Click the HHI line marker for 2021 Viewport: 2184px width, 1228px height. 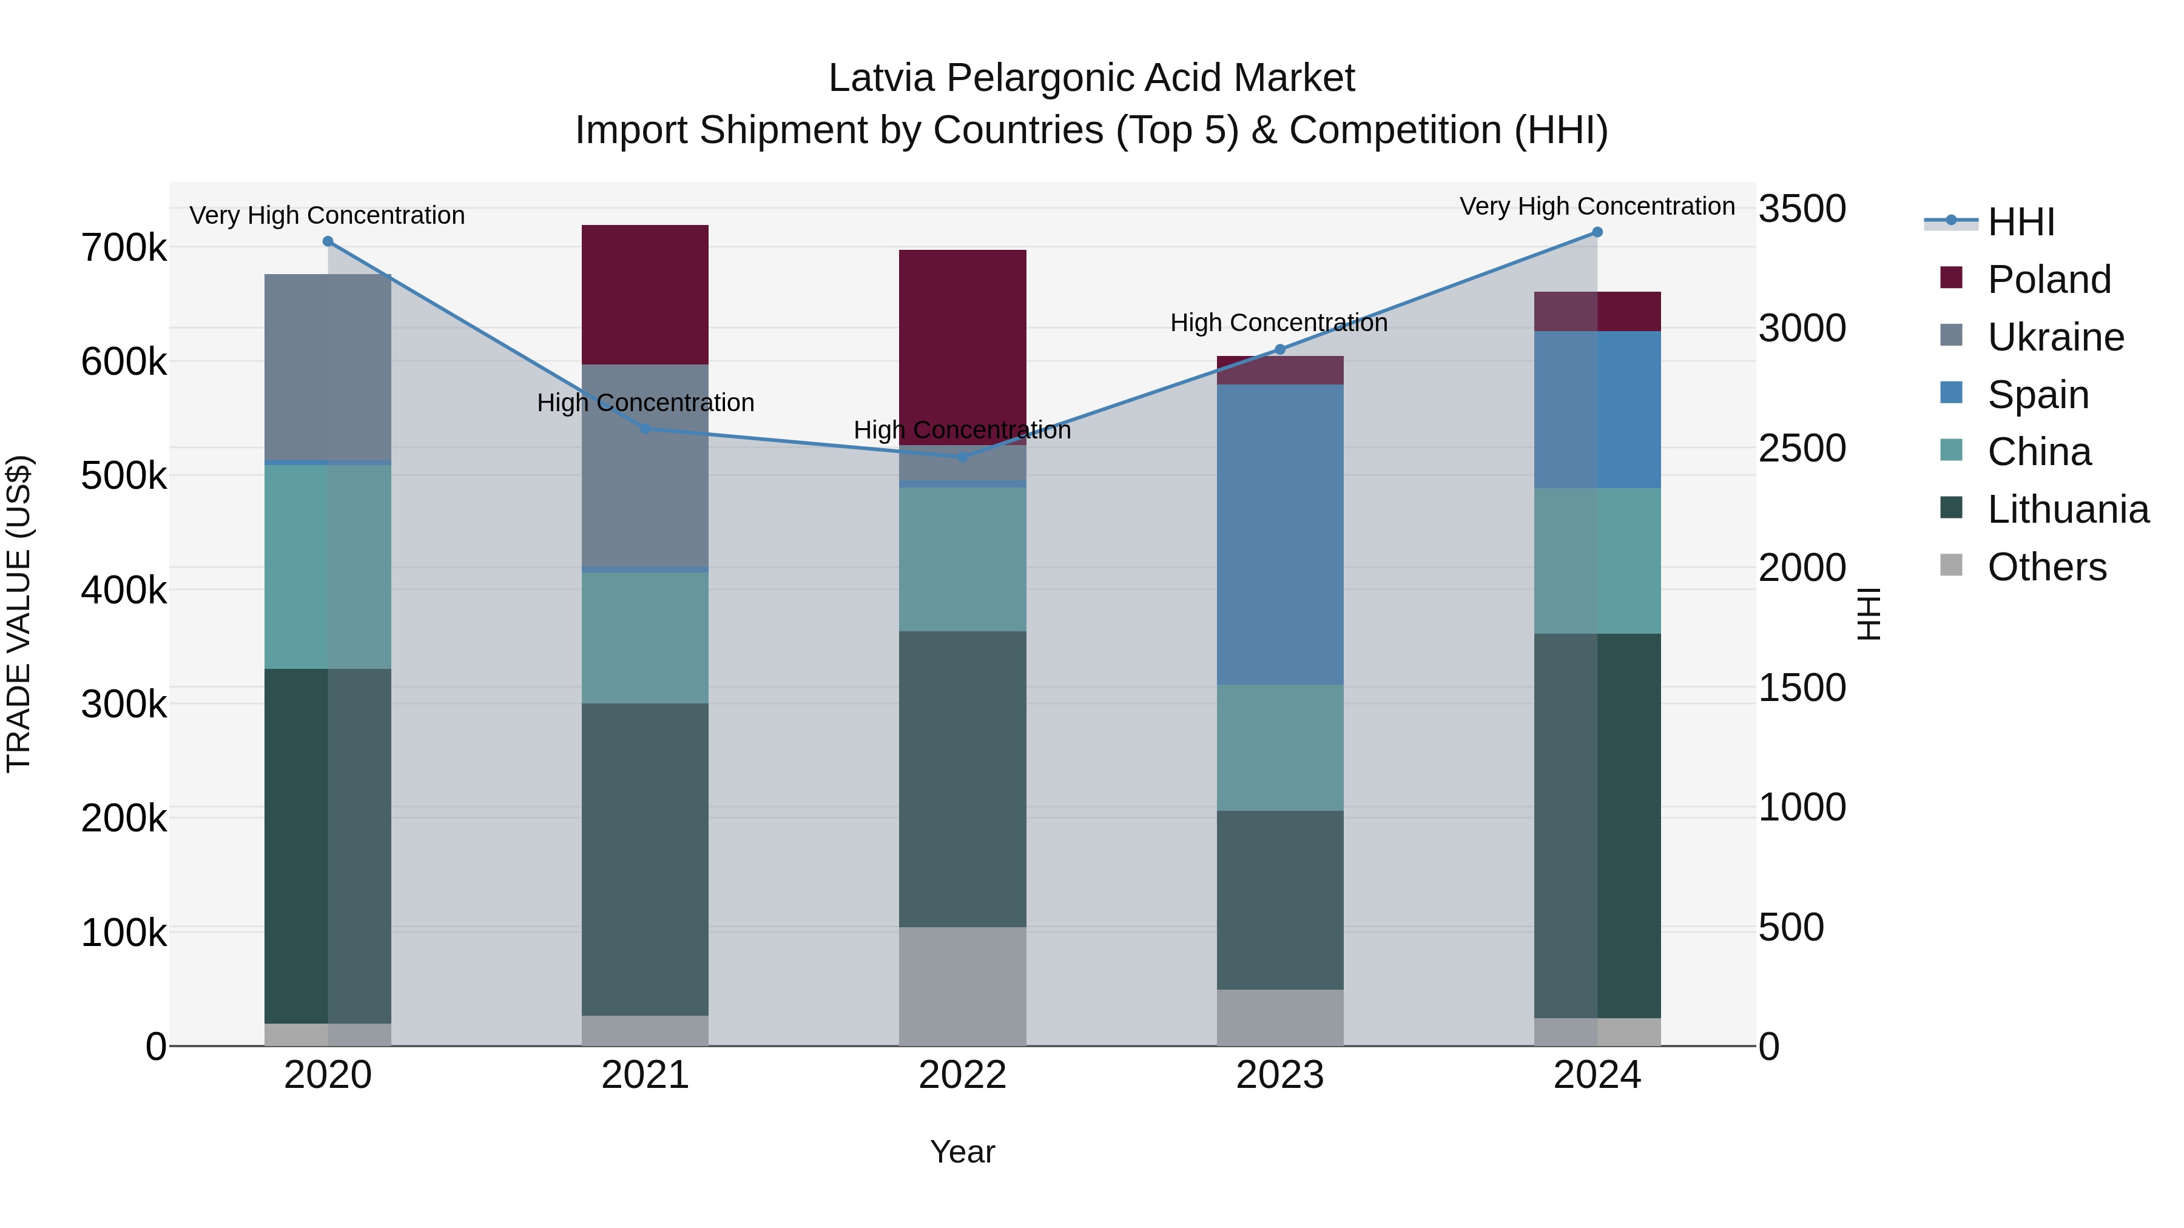coord(645,429)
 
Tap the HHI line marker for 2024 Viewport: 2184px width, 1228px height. coord(1597,232)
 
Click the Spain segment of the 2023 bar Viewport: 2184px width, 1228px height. coord(1279,534)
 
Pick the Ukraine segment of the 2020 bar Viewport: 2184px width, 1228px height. coord(328,367)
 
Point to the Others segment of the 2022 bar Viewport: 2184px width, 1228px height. coord(962,985)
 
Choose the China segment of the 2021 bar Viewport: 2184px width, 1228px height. coord(645,637)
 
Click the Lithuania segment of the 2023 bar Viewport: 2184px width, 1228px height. coord(1279,899)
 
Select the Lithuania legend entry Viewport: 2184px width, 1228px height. coord(2067,509)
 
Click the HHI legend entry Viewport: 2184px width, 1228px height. coord(2020,222)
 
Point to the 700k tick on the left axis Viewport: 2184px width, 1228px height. coord(124,248)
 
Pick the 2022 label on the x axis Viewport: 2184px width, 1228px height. coord(962,1075)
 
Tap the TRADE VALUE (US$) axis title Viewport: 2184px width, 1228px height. coord(19,614)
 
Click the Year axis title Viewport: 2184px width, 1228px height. coord(962,1152)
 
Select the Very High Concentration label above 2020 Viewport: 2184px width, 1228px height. coord(327,215)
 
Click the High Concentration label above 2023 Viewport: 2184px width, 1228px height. coord(1278,323)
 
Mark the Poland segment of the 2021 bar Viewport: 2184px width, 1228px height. coord(645,294)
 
